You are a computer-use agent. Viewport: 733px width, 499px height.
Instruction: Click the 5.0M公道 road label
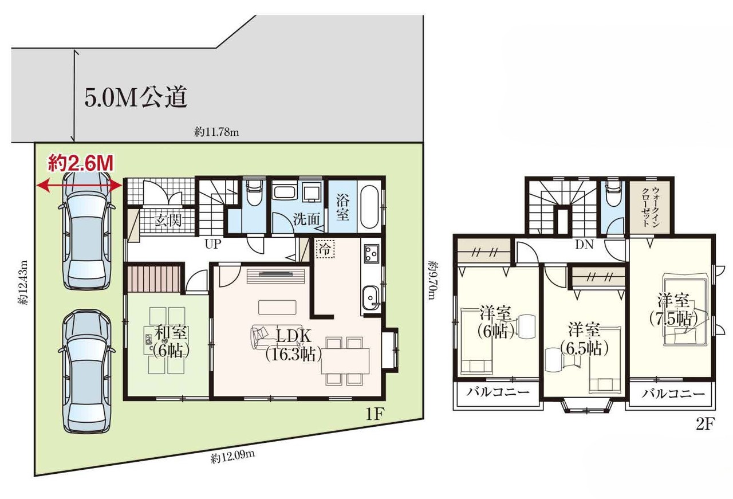136,97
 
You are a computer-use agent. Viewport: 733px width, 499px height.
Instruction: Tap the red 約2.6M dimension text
81,163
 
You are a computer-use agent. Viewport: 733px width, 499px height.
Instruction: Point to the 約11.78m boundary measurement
216,132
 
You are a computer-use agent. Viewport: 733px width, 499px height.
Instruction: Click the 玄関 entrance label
168,221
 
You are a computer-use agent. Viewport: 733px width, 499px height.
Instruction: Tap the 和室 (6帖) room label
171,341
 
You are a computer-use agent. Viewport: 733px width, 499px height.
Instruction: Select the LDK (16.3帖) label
294,344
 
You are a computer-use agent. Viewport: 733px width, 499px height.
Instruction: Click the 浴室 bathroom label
342,208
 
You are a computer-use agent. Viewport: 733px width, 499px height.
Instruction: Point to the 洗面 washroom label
306,219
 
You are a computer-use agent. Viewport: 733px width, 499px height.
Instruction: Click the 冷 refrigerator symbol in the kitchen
325,249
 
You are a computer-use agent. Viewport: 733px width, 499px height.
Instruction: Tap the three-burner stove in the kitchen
372,253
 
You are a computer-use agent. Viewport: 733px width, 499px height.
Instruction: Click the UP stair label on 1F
213,244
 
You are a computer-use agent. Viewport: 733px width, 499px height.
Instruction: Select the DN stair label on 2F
584,245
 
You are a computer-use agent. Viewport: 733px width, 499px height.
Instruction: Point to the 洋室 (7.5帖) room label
674,309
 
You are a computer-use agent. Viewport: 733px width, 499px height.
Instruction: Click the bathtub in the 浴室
369,207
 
